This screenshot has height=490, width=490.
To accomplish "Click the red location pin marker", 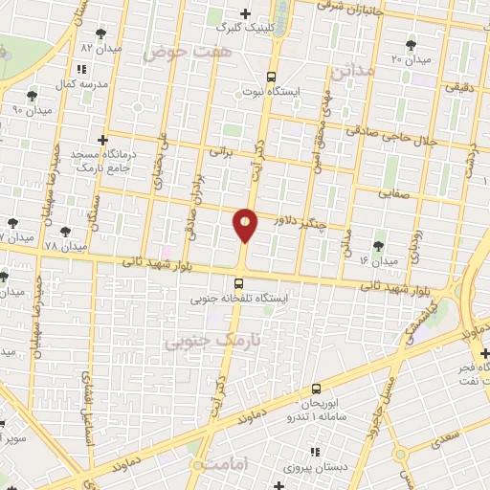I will [245, 225].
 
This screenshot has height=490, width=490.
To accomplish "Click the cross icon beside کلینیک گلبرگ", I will [246, 13].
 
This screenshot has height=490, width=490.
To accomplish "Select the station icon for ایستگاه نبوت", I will [272, 77].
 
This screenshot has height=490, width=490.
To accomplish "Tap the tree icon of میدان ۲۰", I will [411, 45].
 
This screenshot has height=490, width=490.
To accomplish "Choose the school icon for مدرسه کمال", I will [80, 69].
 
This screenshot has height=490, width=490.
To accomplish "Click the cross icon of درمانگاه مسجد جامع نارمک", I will [103, 141].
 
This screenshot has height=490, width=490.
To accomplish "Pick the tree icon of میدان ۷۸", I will [66, 231].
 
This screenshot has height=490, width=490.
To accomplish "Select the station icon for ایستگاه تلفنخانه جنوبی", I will [238, 283].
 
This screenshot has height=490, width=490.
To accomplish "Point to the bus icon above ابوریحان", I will [316, 389].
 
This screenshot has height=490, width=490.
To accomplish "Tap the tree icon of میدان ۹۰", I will [33, 95].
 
